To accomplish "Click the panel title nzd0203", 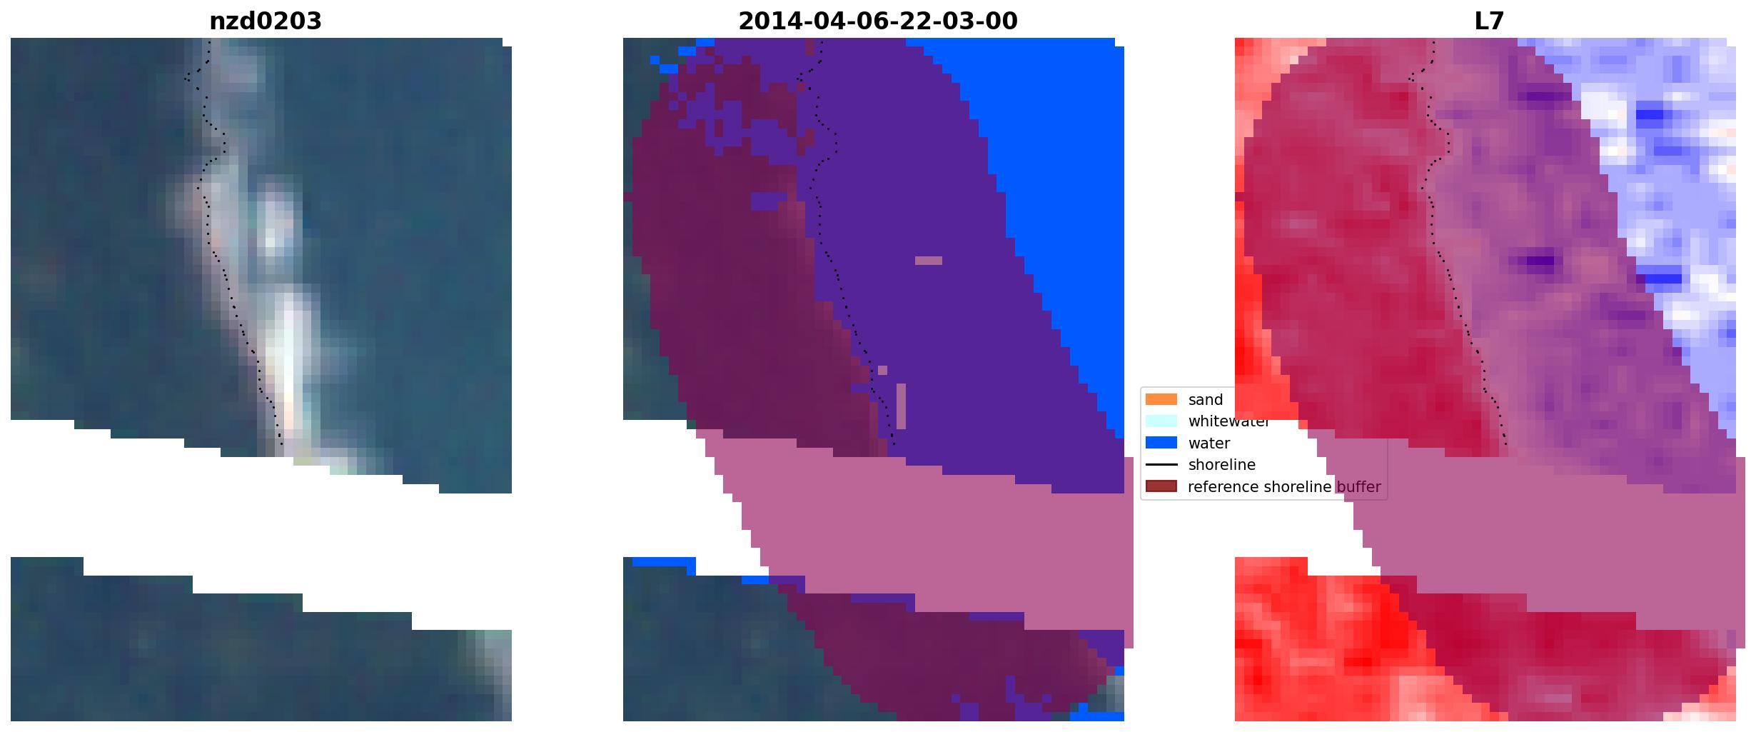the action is (265, 21).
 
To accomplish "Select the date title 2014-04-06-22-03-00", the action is (877, 21).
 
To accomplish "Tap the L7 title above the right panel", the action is (1489, 21).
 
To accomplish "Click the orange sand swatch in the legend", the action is (1161, 399).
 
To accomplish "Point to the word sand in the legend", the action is (1206, 400).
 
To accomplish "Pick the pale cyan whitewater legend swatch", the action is (1161, 421).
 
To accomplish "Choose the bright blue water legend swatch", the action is (1161, 443).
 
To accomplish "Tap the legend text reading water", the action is (1209, 443).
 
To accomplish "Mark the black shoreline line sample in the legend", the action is (1161, 465).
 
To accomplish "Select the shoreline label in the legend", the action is (1222, 465).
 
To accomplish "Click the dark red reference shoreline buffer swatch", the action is (1161, 486).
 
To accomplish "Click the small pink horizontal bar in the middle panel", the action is (929, 261).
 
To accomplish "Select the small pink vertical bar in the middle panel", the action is (901, 406).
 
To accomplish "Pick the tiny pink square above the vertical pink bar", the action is (883, 370).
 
